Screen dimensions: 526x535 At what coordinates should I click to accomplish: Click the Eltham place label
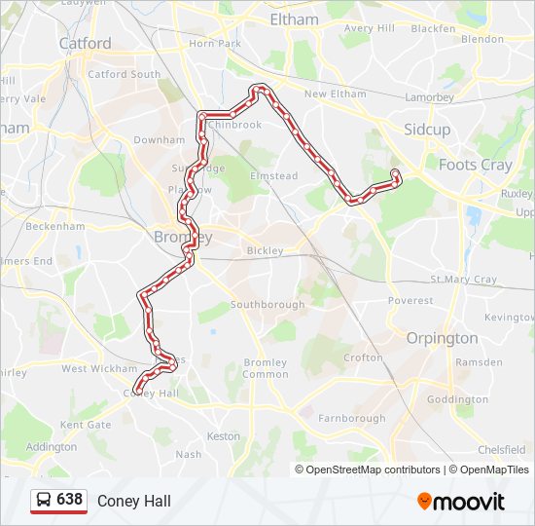(x=293, y=19)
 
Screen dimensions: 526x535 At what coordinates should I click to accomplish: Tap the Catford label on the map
(x=85, y=43)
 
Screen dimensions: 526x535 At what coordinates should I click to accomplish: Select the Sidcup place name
(x=427, y=129)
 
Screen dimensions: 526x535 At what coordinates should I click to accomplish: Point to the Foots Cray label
(x=475, y=165)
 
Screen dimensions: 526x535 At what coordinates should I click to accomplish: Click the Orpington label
(x=442, y=338)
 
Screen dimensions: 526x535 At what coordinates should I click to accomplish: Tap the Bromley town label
(x=176, y=237)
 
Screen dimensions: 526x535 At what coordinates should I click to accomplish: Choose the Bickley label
(x=265, y=250)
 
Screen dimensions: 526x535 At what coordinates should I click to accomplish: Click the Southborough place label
(x=268, y=304)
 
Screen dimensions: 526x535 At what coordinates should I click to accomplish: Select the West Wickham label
(x=101, y=369)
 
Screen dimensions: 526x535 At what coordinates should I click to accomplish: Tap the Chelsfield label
(x=502, y=450)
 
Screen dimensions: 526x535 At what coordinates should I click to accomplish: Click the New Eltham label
(x=335, y=94)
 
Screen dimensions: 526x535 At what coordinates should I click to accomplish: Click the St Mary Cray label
(x=463, y=280)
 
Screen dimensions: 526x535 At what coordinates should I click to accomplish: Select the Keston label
(x=224, y=436)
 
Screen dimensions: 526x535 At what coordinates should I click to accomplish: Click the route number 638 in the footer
(x=69, y=500)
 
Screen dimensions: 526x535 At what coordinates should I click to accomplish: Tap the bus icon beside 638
(x=44, y=500)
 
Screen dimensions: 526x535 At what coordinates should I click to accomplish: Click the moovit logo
(x=461, y=501)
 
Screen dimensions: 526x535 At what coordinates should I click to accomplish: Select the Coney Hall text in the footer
(x=133, y=501)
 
